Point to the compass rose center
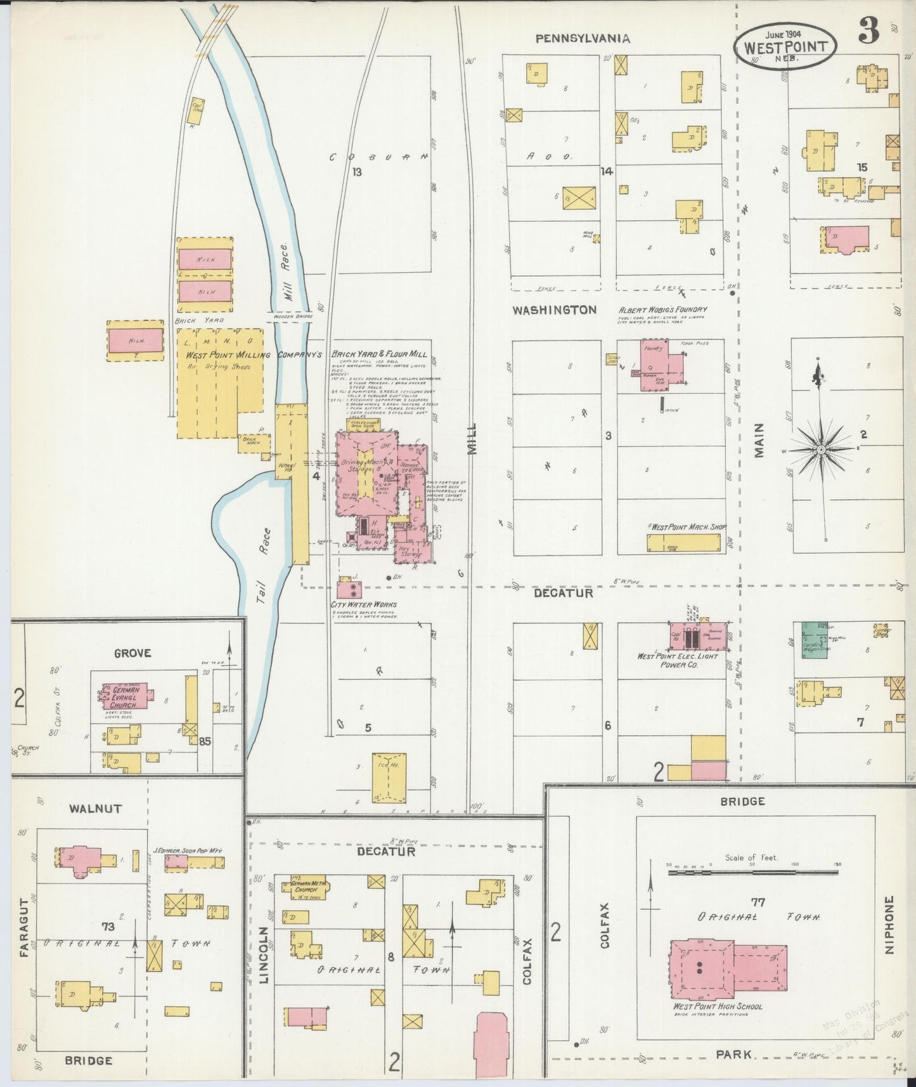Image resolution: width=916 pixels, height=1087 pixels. (x=821, y=449)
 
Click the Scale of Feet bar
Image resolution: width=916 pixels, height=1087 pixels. (x=752, y=873)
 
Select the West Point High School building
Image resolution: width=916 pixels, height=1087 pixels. (x=728, y=968)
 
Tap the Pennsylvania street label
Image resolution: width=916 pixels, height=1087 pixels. (x=583, y=39)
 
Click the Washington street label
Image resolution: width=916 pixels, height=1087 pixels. (x=555, y=310)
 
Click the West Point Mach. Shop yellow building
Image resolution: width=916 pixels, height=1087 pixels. (x=683, y=542)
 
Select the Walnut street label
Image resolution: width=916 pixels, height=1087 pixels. (x=96, y=809)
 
